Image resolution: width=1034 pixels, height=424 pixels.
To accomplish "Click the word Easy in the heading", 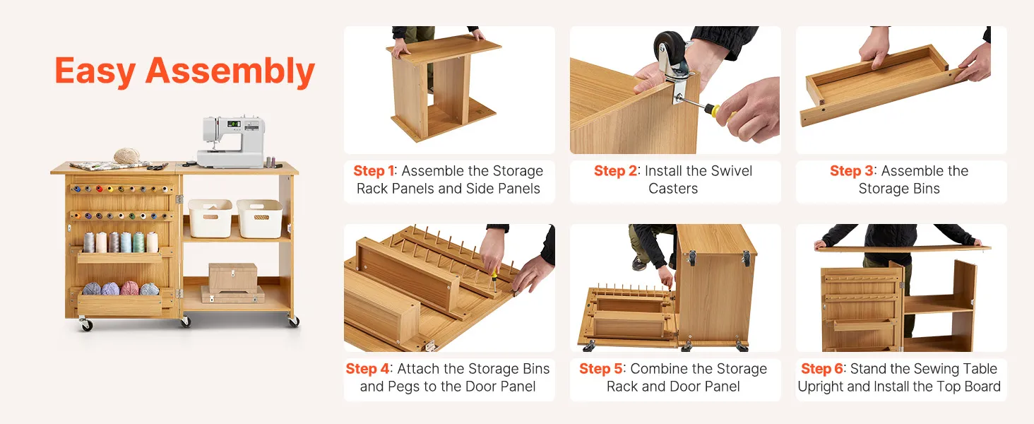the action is [x=95, y=71].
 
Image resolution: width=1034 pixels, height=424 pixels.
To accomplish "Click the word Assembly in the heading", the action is [x=230, y=71].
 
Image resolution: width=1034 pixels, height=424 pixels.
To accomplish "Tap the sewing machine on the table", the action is [x=231, y=141].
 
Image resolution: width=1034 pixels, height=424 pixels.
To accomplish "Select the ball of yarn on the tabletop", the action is [x=126, y=155].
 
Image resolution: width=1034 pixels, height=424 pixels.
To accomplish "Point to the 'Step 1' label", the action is [x=374, y=171].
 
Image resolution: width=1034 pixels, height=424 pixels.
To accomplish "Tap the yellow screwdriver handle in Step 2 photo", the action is [x=715, y=111].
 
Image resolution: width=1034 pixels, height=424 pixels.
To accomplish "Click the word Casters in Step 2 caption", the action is [x=673, y=189].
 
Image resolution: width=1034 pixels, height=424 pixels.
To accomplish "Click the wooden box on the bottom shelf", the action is [x=233, y=278].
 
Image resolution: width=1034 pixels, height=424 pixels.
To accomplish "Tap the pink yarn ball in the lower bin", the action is [x=129, y=288].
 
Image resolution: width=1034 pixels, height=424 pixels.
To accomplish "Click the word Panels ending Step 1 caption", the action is [x=519, y=189].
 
